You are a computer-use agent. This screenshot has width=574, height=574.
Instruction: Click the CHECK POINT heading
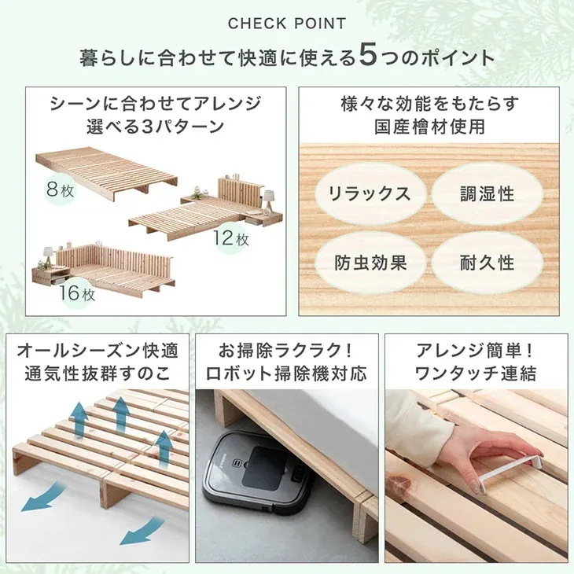[x=287, y=24]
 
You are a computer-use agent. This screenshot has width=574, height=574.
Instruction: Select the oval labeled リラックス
[x=369, y=193]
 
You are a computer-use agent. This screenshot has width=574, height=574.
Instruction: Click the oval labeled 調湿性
[x=487, y=193]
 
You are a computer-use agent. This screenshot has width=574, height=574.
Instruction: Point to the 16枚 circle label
[x=76, y=295]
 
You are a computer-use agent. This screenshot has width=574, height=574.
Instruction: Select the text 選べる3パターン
[x=156, y=126]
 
